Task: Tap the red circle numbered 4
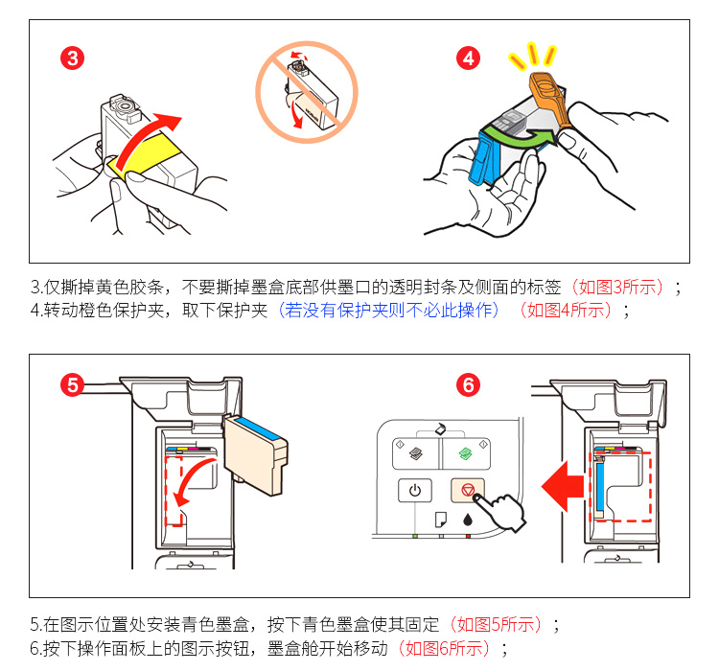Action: [469, 58]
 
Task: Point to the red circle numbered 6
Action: [469, 384]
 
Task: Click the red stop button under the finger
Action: [466, 490]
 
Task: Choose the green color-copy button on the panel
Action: [466, 451]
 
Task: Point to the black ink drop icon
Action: [467, 521]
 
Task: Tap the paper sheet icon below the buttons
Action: [440, 521]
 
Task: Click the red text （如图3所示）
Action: [618, 287]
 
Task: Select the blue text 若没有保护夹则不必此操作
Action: [388, 310]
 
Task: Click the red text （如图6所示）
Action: [443, 648]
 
